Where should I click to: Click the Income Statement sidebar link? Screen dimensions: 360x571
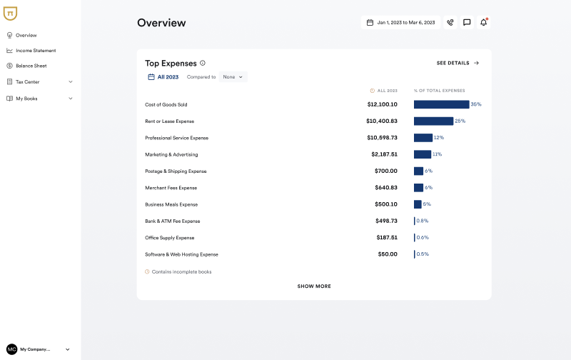(x=35, y=51)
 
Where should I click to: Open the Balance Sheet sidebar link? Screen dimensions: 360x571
(x=31, y=66)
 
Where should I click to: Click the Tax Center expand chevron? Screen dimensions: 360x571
(x=71, y=81)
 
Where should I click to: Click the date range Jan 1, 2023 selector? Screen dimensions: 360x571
(x=400, y=23)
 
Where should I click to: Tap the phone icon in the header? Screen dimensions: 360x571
(x=450, y=23)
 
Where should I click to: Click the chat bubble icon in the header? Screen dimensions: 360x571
(x=467, y=23)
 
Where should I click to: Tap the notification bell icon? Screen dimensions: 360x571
(x=483, y=23)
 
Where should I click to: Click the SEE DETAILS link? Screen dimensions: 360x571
(x=458, y=63)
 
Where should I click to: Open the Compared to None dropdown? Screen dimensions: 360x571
(x=233, y=77)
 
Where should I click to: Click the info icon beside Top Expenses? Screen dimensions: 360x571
(x=203, y=63)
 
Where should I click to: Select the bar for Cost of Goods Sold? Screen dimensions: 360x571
(x=441, y=104)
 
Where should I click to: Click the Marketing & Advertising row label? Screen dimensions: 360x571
(x=171, y=154)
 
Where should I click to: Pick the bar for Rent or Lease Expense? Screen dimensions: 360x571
(x=433, y=121)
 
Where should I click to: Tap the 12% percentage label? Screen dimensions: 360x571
(x=439, y=138)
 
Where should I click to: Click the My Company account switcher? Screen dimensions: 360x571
(x=39, y=349)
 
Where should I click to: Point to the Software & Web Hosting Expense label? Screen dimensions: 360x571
(x=181, y=254)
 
